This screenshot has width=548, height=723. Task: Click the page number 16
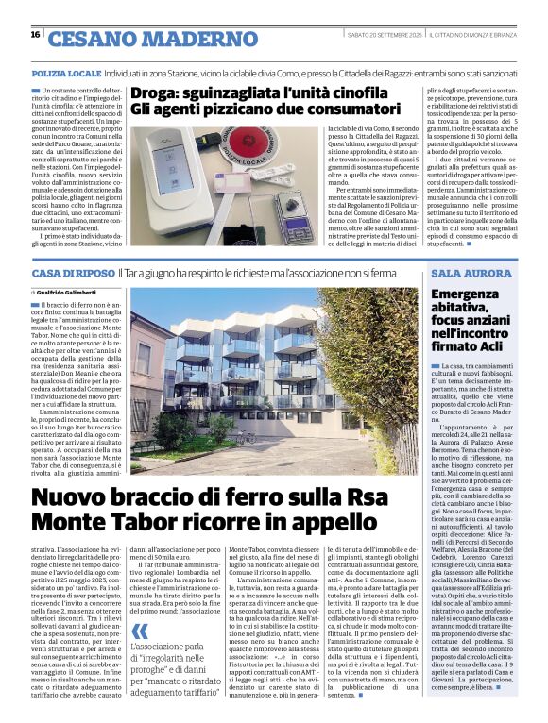[35, 35]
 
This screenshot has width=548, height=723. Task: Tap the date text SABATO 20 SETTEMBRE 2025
[384, 35]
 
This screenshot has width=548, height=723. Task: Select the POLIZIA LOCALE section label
[66, 72]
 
